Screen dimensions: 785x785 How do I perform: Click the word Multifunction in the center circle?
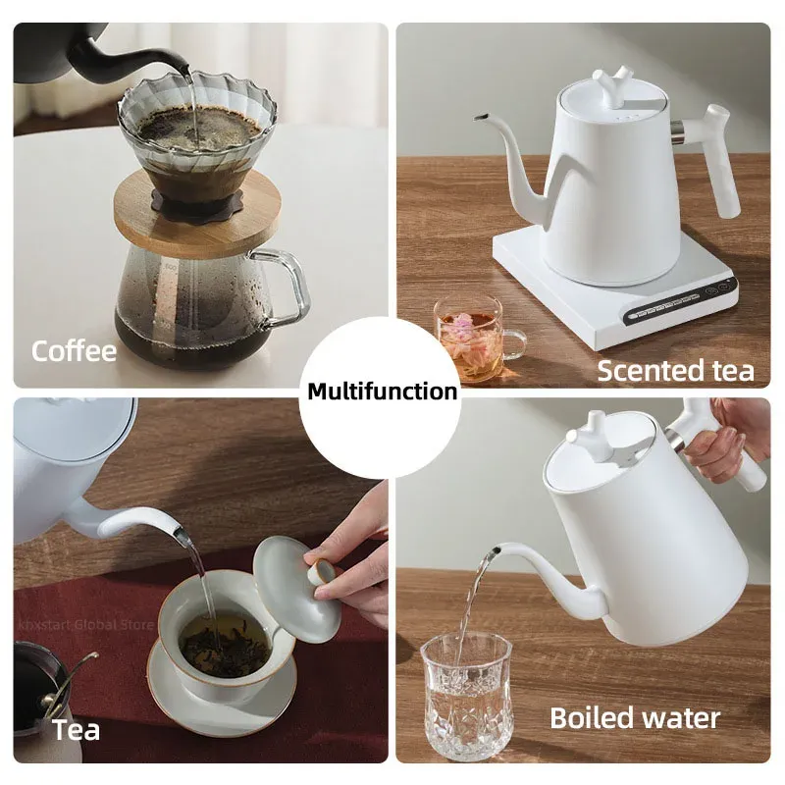click(383, 392)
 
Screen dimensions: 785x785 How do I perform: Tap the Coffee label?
click(74, 351)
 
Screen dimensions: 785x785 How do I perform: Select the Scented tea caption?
click(676, 370)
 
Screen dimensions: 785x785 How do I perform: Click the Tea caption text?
click(76, 730)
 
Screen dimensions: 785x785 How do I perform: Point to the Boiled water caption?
click(634, 717)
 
